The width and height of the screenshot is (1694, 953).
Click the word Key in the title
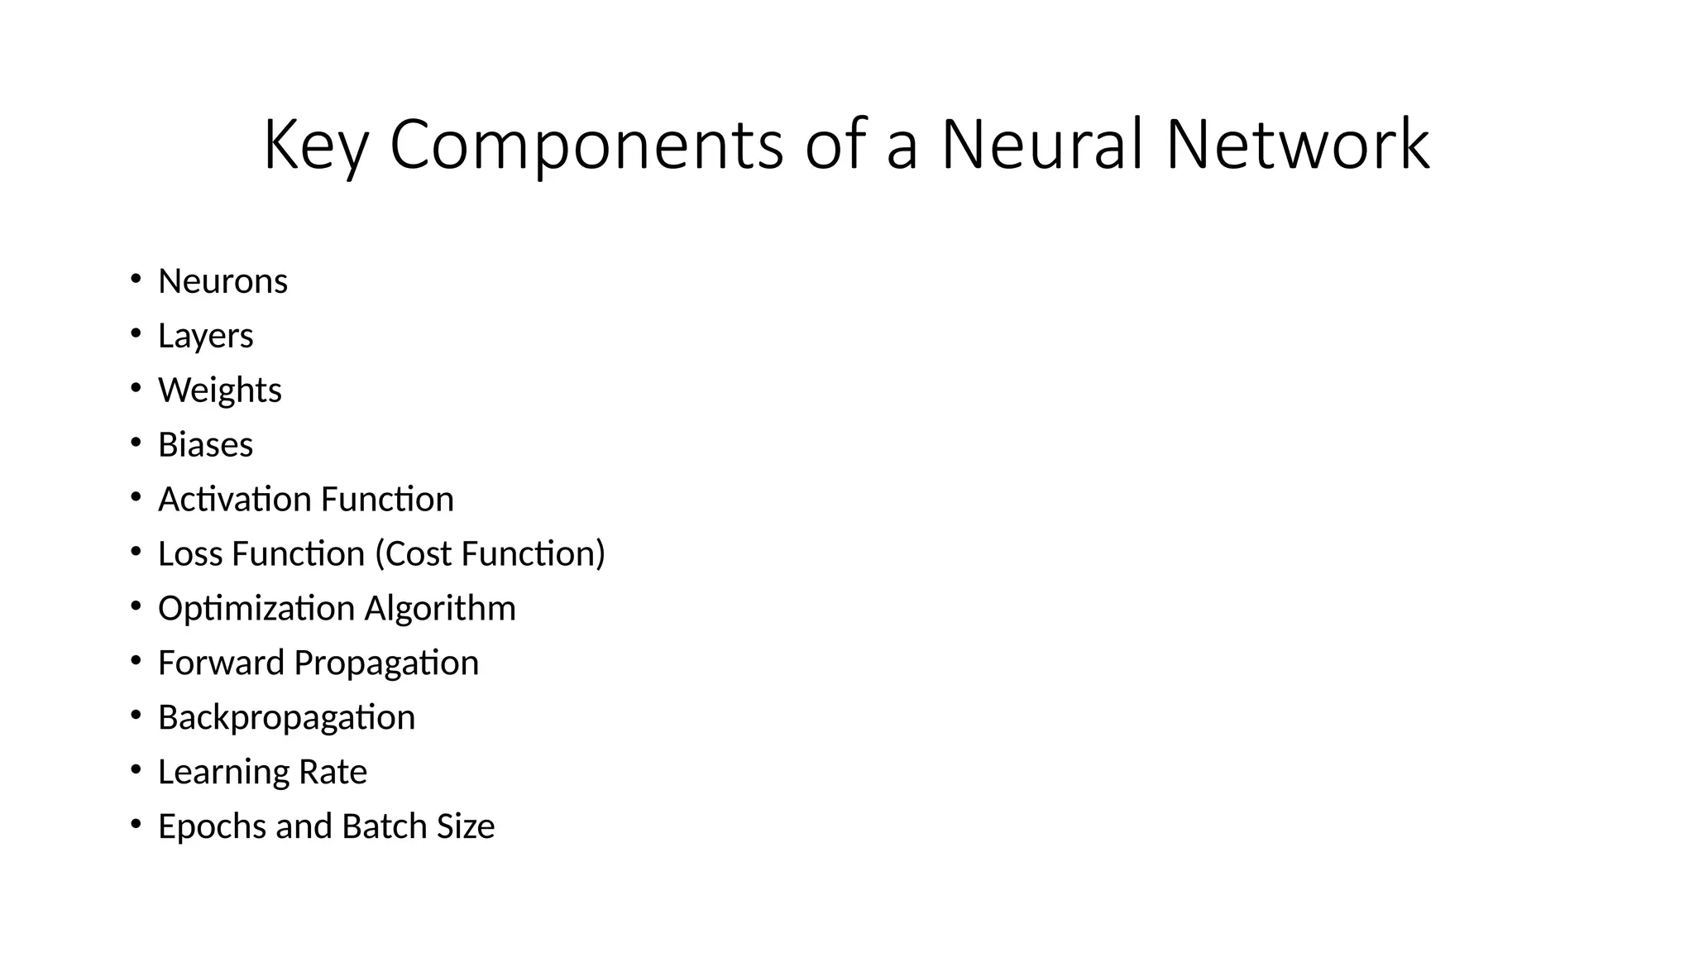[x=315, y=146]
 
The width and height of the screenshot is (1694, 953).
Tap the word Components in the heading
[x=586, y=146]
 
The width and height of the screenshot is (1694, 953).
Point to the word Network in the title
[x=1298, y=144]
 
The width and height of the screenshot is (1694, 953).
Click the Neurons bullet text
[x=223, y=281]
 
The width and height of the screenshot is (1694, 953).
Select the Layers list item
[x=205, y=336]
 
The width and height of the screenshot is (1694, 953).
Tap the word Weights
[x=219, y=390]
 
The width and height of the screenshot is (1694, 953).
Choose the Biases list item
[x=205, y=445]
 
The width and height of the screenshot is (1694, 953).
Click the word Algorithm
[x=440, y=609]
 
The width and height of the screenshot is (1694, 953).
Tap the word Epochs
[x=212, y=826]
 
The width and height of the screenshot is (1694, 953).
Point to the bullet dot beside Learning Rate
[x=136, y=769]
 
